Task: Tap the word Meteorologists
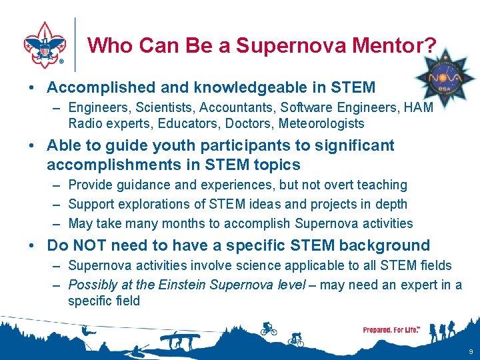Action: [321, 123]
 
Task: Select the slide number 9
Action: [471, 351]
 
